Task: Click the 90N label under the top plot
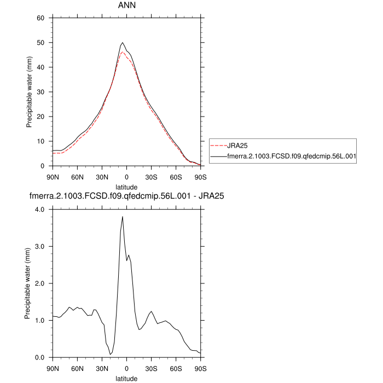click(x=53, y=176)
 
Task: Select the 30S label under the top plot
click(x=151, y=176)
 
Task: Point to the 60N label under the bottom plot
click(x=77, y=368)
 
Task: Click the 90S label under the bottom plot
click(x=201, y=368)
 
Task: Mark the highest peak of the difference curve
click(x=123, y=217)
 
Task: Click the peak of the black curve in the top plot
click(x=123, y=43)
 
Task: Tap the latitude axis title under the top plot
click(x=126, y=187)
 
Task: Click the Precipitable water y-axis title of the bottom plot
click(x=28, y=283)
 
